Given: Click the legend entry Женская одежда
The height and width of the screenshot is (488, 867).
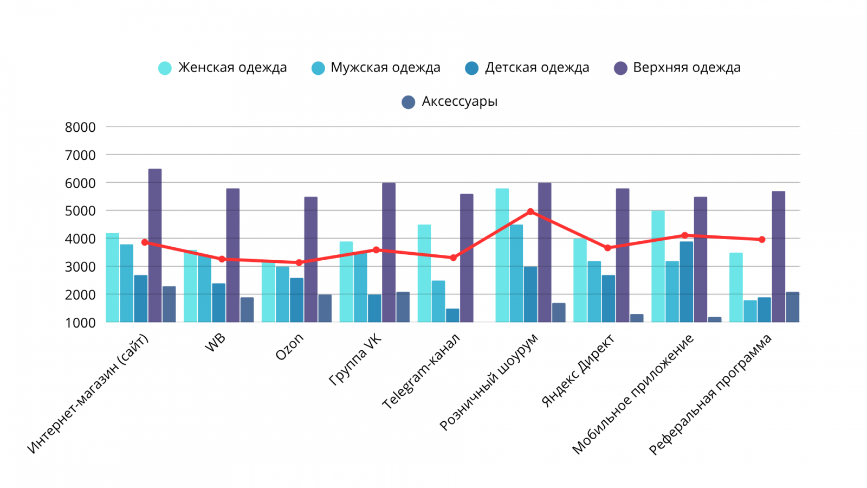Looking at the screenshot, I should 222,68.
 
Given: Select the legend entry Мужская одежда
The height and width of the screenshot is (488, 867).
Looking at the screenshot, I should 376,68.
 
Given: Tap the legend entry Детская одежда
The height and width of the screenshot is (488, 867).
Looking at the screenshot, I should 527,68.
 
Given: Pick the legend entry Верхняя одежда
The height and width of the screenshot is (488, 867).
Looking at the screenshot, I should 677,68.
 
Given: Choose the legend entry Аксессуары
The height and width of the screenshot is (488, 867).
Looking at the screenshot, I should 450,101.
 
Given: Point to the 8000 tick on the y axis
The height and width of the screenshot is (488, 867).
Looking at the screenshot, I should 80,127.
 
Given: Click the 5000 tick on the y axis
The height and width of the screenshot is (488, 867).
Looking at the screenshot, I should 80,211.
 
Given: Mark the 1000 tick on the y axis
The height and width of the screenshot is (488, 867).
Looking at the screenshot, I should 80,323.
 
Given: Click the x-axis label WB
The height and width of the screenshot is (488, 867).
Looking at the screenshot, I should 216,343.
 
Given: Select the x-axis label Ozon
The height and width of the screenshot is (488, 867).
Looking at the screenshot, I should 290,347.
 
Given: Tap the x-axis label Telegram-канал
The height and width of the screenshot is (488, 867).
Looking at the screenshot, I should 421,371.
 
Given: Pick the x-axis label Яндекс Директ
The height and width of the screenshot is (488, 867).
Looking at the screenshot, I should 578,371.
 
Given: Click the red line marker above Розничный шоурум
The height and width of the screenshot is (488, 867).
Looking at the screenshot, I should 530,211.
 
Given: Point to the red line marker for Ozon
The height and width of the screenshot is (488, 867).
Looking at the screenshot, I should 299,262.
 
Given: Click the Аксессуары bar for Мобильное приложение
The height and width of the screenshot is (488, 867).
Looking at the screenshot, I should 715,320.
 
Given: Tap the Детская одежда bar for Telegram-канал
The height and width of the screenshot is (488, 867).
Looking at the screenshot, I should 452,316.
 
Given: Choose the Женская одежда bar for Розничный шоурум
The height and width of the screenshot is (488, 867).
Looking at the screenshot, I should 502,255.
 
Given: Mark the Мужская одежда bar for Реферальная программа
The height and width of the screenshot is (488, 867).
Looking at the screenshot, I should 750,311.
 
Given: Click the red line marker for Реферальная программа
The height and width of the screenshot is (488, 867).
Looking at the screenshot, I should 762,239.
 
